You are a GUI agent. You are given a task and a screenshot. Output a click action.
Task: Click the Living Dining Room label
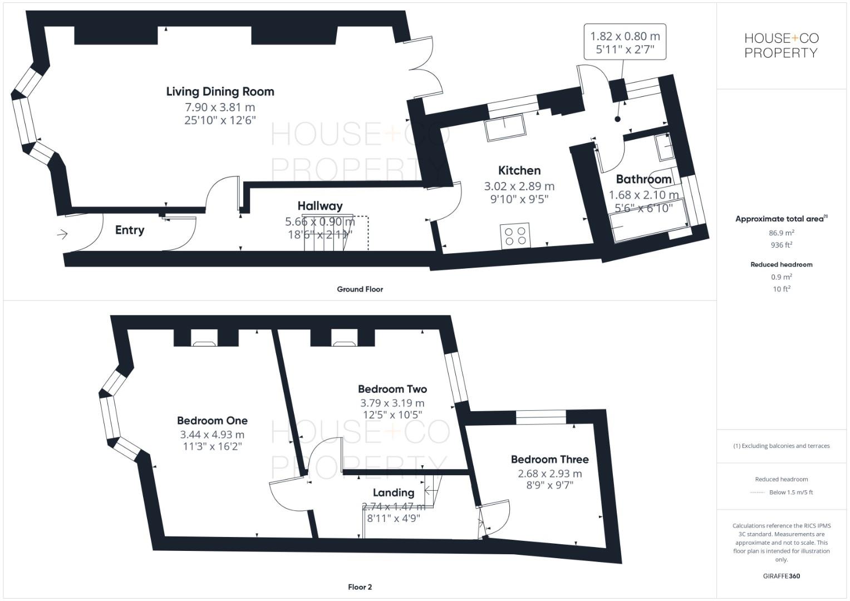coord(220,91)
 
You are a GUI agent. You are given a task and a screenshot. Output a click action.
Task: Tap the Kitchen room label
coord(519,170)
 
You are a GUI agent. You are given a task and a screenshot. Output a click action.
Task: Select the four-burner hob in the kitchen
coord(515,235)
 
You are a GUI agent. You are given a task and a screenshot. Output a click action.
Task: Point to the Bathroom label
coord(643,179)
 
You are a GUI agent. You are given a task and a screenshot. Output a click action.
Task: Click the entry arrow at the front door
coord(62,234)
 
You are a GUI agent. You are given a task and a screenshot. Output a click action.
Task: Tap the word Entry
coord(130,230)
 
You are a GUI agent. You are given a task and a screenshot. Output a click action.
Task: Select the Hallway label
coord(320,206)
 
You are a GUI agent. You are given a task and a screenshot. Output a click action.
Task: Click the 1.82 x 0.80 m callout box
coord(625,42)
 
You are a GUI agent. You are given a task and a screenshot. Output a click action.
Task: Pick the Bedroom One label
coord(212,421)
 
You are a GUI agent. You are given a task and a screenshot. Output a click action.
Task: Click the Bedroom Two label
coord(392,389)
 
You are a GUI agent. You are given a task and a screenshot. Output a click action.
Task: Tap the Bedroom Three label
coord(549,459)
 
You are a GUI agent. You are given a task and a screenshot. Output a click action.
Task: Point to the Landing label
coord(393,492)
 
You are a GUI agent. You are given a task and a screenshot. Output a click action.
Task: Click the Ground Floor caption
coord(360,289)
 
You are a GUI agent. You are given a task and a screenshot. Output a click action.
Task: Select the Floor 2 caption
coord(360,587)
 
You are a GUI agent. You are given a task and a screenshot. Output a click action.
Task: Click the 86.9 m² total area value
coord(782,233)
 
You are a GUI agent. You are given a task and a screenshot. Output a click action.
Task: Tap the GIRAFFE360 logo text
coord(781,576)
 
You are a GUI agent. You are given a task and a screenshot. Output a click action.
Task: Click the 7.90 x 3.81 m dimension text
coord(220,107)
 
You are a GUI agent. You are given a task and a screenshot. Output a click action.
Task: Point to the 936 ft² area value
coord(782,245)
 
